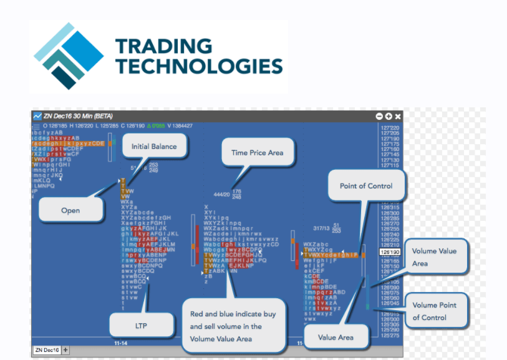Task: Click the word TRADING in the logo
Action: tap(155, 46)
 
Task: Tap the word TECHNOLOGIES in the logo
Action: tap(200, 66)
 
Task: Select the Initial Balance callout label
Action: tap(154, 147)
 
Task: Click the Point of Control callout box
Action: tap(366, 186)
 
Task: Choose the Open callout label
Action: tap(70, 210)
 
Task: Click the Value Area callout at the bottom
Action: tap(336, 337)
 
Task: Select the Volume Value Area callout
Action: tap(434, 257)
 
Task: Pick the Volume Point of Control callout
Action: tap(434, 311)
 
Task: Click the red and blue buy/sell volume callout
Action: tap(233, 326)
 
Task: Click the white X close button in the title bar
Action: tap(398, 117)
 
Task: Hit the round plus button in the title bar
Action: tap(389, 117)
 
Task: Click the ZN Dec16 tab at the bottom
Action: tap(47, 350)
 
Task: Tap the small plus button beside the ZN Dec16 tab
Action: tap(66, 350)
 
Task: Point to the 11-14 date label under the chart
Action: tap(122, 343)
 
